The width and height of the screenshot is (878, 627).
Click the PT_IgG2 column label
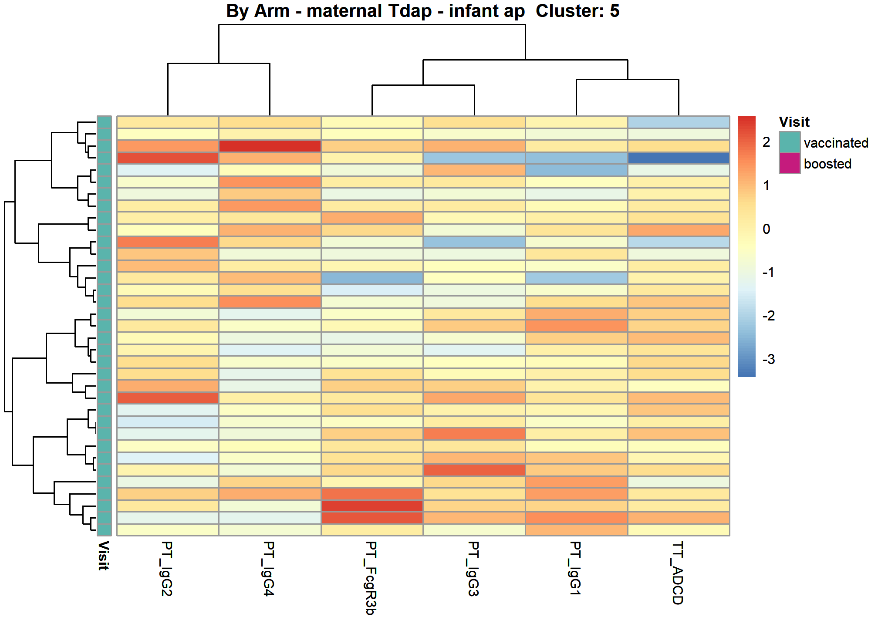pos(167,569)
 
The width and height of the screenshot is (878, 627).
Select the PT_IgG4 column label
pos(269,569)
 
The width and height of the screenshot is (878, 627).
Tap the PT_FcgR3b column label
pos(371,578)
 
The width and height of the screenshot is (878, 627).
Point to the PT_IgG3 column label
pos(473,569)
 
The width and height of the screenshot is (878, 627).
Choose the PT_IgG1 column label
pos(575,568)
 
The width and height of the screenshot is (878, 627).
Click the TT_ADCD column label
pos(678,573)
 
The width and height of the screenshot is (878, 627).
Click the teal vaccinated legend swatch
pos(790,142)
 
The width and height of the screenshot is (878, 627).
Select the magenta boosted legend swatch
pos(790,163)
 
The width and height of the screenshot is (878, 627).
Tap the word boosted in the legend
pos(827,164)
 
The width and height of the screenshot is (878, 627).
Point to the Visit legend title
pos(794,122)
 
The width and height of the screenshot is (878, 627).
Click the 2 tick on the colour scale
pos(767,142)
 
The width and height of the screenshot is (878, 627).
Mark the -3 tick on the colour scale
pos(769,359)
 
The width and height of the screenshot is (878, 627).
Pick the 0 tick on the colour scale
pos(767,229)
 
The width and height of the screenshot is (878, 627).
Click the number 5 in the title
pos(615,11)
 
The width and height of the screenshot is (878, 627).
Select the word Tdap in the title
pos(409,11)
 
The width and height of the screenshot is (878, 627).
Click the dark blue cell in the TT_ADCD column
pos(679,158)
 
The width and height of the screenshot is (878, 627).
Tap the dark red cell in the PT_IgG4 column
pos(270,146)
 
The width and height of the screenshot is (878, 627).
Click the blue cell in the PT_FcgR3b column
pos(372,278)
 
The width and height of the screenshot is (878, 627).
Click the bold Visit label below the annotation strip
pos(103,556)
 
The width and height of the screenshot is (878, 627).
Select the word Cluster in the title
pos(570,11)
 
